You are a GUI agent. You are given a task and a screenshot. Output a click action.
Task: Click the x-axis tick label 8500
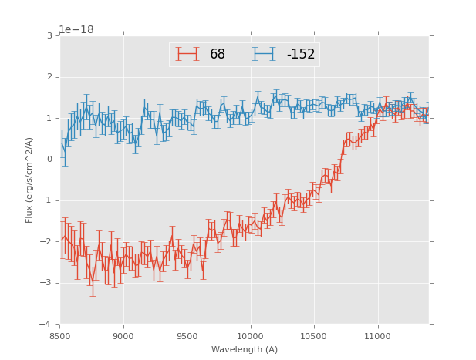pyautogui.click(x=59, y=336)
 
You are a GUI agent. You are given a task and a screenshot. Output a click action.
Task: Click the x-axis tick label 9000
pyautogui.click(x=123, y=336)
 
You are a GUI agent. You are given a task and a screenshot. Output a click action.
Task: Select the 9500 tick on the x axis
pyautogui.click(x=187, y=336)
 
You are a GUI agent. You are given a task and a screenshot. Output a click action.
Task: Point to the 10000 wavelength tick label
pyautogui.click(x=250, y=336)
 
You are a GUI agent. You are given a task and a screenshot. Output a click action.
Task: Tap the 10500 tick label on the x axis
pyautogui.click(x=314, y=336)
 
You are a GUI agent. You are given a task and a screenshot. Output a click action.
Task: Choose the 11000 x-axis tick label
pyautogui.click(x=377, y=336)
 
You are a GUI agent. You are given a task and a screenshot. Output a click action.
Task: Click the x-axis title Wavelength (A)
pyautogui.click(x=245, y=350)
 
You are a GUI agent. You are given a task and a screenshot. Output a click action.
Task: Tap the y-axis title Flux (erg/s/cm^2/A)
pyautogui.click(x=29, y=180)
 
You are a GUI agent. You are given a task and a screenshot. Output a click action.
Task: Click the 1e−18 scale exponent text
pyautogui.click(x=76, y=30)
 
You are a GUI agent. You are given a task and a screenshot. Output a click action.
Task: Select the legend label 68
pyautogui.click(x=218, y=55)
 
